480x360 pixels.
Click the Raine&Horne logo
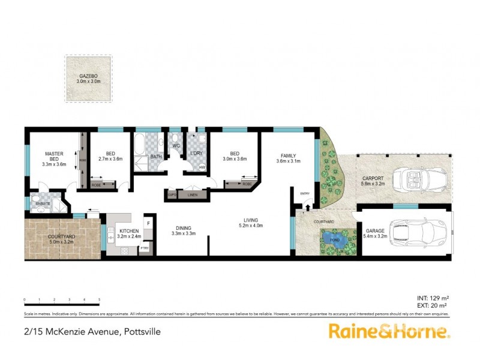point(388,331)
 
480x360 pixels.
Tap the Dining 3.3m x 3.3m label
point(184,230)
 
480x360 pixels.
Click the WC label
point(176,145)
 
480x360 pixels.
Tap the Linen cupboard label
point(192,194)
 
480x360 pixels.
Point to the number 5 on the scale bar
point(99,299)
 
